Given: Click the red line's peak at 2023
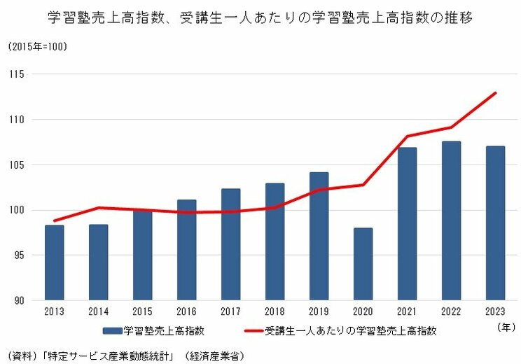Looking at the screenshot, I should [x=496, y=92].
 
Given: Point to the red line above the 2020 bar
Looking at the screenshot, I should [x=363, y=185].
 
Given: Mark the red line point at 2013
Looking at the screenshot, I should [x=54, y=220].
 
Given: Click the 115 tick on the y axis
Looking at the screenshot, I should [x=18, y=74].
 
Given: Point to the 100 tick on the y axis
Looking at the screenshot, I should [x=18, y=210].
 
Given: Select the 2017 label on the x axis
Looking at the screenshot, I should [x=230, y=312].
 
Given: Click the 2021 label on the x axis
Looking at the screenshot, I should [x=407, y=312].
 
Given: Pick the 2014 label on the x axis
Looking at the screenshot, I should [x=98, y=312].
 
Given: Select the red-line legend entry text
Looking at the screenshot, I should [x=349, y=330].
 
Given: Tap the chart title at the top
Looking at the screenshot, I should [x=260, y=17].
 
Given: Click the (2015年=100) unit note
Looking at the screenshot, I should [x=39, y=47].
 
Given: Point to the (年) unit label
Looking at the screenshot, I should [x=505, y=326].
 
